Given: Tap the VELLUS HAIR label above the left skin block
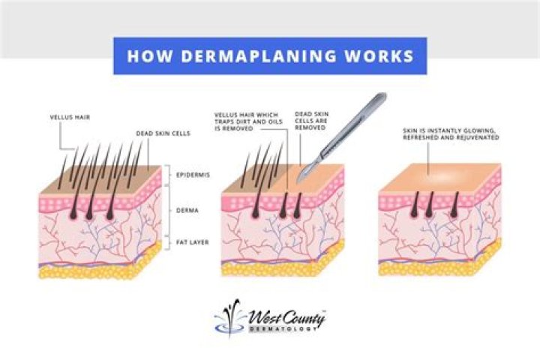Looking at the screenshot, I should point(69,118).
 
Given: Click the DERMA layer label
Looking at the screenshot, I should point(188,211).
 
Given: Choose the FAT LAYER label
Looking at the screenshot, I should point(193,242).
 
